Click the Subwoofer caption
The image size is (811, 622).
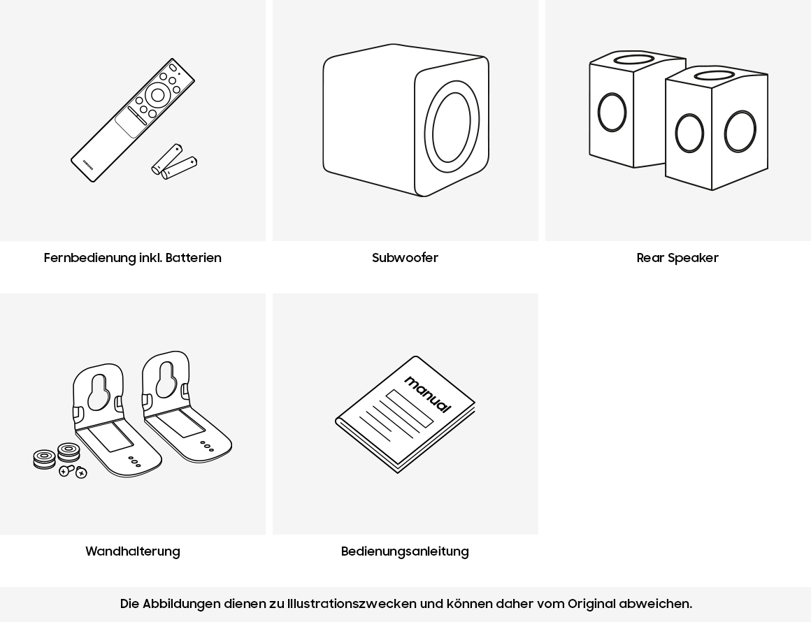pyautogui.click(x=405, y=258)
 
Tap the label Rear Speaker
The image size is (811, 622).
pyautogui.click(x=677, y=258)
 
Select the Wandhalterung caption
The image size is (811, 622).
pyautogui.click(x=133, y=551)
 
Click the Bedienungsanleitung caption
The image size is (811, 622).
pyautogui.click(x=405, y=551)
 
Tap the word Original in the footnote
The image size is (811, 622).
pyautogui.click(x=591, y=604)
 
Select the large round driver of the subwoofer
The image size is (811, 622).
pyautogui.click(x=451, y=127)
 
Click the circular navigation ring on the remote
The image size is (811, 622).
pyautogui.click(x=157, y=96)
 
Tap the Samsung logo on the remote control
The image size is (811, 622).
pyautogui.click(x=88, y=164)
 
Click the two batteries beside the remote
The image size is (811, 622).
pyautogui.click(x=174, y=162)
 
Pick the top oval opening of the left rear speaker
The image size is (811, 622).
pyautogui.click(x=633, y=59)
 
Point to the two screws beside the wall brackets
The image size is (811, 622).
pyautogui.click(x=73, y=472)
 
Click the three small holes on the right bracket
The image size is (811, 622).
pyautogui.click(x=207, y=446)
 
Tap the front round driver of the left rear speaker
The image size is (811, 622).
pyautogui.click(x=612, y=112)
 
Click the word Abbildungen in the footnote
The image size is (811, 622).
pyautogui.click(x=182, y=604)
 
